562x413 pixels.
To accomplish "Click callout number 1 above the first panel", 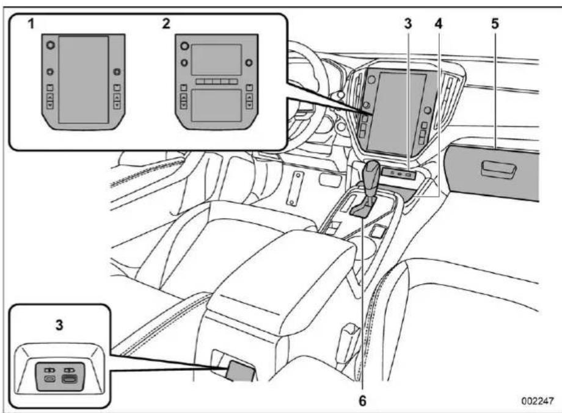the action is coord(32,24).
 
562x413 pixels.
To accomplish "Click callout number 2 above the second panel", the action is coord(166,24).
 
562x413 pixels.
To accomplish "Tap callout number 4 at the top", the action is coord(439,24).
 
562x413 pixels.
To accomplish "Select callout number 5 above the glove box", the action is coord(495,24).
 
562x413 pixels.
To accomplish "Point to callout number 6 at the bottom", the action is coord(363,401).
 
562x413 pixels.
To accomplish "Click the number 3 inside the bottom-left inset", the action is coord(59,325).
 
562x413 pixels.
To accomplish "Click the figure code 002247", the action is coord(538,400).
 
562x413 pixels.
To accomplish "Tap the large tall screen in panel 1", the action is coord(84,79).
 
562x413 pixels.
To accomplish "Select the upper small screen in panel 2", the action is coord(216,59).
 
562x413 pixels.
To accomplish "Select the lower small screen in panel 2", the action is coord(216,106).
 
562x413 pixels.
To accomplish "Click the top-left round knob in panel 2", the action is coord(184,46).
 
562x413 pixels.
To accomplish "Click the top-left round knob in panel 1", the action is coord(51,45).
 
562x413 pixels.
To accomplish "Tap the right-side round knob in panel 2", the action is coord(249,63).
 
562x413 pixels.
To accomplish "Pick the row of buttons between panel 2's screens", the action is coord(216,82).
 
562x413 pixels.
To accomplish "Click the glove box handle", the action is coord(498,169).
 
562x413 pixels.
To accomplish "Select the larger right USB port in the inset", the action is coord(68,379).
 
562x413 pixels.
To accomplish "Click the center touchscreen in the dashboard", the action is coord(398,112).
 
